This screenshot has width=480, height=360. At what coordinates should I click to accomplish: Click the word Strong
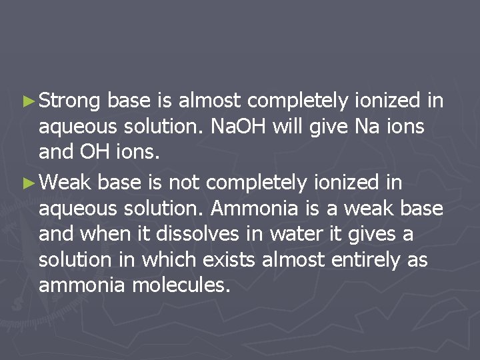point(69,101)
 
